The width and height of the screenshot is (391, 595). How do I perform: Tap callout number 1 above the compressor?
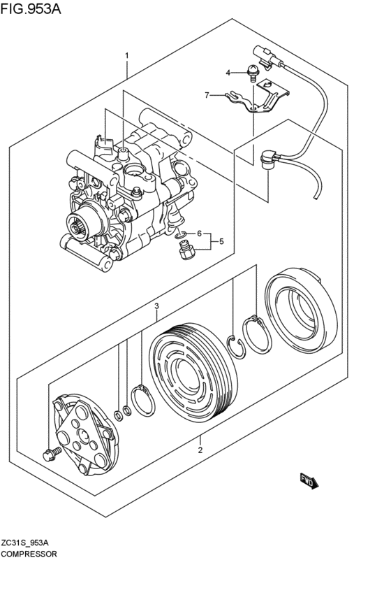[126, 55]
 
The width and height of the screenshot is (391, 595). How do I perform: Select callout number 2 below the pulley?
[200, 450]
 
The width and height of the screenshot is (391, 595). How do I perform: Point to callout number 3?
[157, 306]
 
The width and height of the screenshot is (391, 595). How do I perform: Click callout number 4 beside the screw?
[227, 72]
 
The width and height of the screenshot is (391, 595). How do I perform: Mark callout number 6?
[199, 234]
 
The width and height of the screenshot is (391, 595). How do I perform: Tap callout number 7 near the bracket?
[207, 94]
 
